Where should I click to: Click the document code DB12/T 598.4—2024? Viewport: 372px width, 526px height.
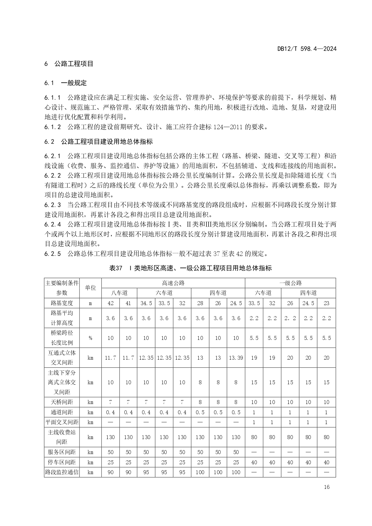coord(307,49)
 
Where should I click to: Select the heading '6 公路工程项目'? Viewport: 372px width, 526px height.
coord(69,64)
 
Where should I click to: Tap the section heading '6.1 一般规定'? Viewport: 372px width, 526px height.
coord(66,83)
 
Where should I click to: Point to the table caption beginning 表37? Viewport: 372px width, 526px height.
coord(190,268)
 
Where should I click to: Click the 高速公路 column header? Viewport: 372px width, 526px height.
coord(173,283)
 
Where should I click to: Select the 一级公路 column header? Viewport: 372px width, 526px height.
coord(290,283)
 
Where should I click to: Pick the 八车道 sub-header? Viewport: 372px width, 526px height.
coord(119,293)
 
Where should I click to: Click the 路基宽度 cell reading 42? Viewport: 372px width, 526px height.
coord(111,303)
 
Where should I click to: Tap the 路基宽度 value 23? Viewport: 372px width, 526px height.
coord(326,303)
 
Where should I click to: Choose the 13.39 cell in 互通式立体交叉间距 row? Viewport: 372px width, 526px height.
coord(236,358)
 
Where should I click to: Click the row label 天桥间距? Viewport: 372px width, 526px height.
coord(62,402)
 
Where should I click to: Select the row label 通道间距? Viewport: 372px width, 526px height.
coord(62,412)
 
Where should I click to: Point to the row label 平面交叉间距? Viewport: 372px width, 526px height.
coord(62,422)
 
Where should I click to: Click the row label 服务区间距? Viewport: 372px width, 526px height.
coord(62,452)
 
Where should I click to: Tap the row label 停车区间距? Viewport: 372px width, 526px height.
coord(62,462)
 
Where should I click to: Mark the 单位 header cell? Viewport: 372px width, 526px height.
coord(90,288)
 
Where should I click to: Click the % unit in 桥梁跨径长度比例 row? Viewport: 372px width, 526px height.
coord(90,338)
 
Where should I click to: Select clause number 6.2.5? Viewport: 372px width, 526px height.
coord(53,254)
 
